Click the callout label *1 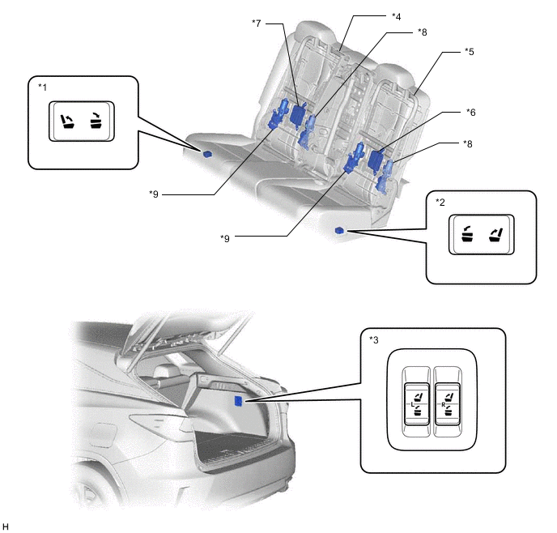(42, 87)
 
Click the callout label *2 (440, 203)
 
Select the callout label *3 (374, 340)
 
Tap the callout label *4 (397, 16)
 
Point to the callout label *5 (470, 52)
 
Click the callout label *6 (470, 113)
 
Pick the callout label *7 (257, 23)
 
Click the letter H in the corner (5, 527)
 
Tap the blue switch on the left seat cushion (207, 154)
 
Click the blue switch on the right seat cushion (339, 231)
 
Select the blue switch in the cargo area (238, 401)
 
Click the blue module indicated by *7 (297, 114)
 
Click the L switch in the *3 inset (416, 404)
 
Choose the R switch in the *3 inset (447, 404)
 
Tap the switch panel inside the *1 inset (82, 122)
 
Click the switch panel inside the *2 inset (482, 234)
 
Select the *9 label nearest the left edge (154, 194)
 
